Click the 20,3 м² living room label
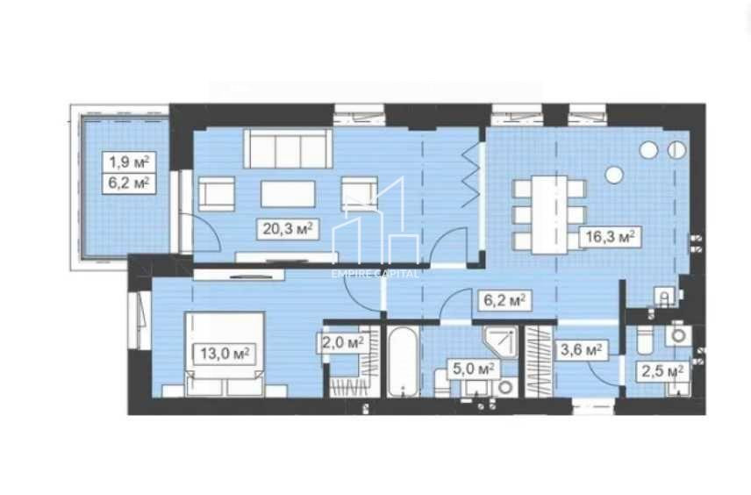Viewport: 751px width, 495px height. [x=287, y=229]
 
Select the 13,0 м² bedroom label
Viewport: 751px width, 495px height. [x=225, y=354]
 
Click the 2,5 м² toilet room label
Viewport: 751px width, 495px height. [x=663, y=371]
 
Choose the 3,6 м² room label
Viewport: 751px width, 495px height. [x=582, y=350]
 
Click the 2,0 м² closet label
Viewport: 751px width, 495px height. [x=341, y=342]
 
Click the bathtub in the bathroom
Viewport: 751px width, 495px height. [x=404, y=362]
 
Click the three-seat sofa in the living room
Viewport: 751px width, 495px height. [x=288, y=149]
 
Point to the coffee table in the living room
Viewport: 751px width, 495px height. [x=287, y=194]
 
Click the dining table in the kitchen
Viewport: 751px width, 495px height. [x=549, y=213]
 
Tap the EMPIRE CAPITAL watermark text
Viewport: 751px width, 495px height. [x=375, y=273]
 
